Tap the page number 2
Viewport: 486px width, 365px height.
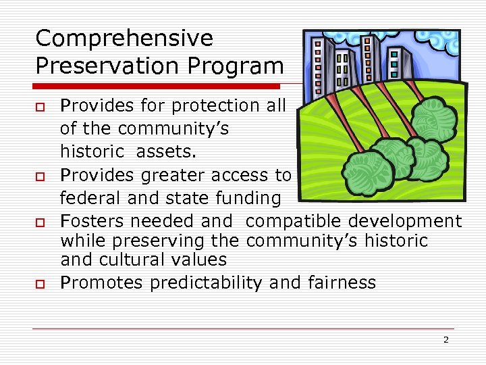coord(446,340)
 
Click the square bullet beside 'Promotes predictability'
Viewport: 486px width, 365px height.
coord(41,283)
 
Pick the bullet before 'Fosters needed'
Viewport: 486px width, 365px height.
coord(41,222)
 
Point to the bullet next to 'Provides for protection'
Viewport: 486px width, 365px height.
coord(41,107)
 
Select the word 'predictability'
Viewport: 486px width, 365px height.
coord(206,282)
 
